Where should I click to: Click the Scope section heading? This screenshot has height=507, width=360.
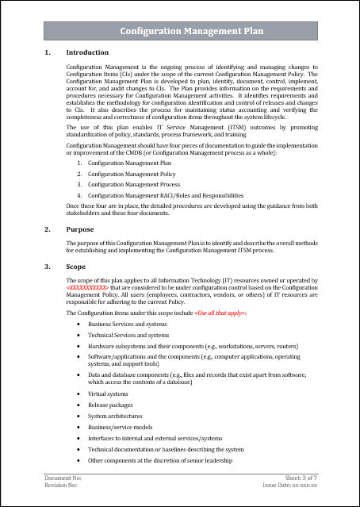click(x=77, y=267)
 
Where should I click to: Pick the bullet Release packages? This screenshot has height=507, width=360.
click(x=110, y=405)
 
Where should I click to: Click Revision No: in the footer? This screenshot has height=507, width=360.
click(x=61, y=485)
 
